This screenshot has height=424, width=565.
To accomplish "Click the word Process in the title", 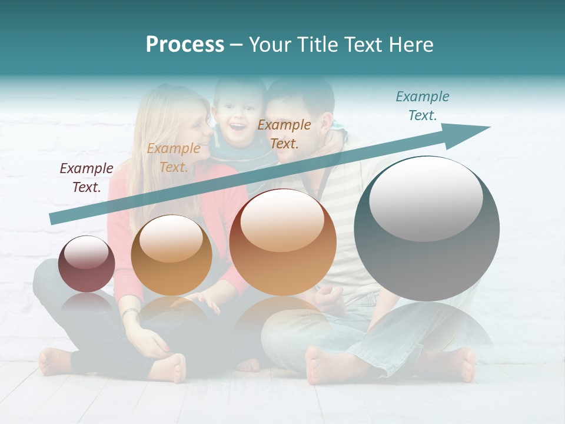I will point(185,45).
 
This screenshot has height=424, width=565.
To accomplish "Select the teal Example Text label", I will point(422,106).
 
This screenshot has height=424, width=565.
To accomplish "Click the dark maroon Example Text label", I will point(87,178).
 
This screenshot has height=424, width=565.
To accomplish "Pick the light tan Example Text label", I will point(174,158).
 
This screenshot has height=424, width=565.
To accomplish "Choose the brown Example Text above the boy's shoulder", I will point(284,134).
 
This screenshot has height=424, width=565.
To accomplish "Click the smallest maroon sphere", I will point(87,264).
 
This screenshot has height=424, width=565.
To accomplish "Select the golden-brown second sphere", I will point(171,255).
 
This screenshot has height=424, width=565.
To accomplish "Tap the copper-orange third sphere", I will point(282,242).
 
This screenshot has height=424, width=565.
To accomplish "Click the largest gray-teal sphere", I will point(427,228).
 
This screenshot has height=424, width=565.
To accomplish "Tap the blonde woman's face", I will point(194,132).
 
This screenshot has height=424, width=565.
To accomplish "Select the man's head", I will point(297,118).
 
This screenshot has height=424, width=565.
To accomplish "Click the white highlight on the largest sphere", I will point(426,199).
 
